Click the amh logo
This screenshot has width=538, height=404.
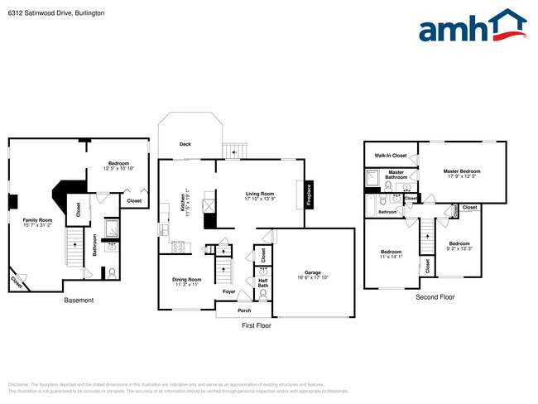(x=472, y=26)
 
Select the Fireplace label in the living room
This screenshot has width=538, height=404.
(x=310, y=195)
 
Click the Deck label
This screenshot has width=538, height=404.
(x=185, y=145)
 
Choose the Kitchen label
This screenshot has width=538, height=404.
(x=183, y=204)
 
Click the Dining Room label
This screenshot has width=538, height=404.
(x=186, y=280)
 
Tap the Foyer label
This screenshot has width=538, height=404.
(x=228, y=291)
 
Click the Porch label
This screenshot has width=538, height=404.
(x=244, y=311)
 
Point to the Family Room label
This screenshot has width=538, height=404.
(x=37, y=220)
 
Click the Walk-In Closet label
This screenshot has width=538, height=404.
(x=391, y=156)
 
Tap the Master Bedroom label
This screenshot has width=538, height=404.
(x=462, y=171)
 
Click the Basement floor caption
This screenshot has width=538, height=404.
(x=79, y=301)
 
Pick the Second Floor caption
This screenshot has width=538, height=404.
(x=435, y=296)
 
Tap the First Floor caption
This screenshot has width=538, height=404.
(x=257, y=326)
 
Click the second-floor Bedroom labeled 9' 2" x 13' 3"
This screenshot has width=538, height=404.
(x=459, y=244)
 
